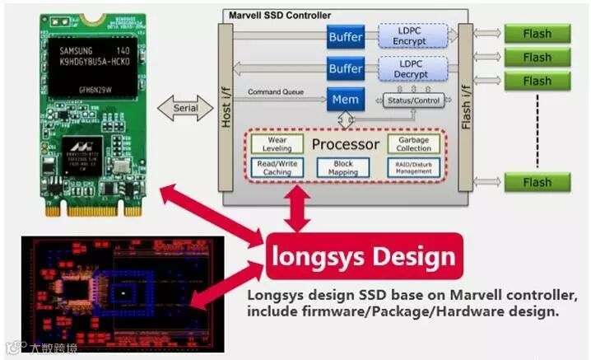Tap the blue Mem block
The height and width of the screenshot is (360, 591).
(344, 100)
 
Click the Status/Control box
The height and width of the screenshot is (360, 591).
(413, 101)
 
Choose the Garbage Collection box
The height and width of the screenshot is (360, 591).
(413, 145)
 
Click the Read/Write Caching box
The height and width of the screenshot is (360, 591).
(277, 167)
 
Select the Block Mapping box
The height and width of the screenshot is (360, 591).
(343, 167)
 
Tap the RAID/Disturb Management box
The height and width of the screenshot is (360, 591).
(413, 167)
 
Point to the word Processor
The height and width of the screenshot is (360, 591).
(345, 145)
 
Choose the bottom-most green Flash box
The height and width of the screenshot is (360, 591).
(537, 181)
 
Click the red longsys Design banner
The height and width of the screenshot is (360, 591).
(363, 256)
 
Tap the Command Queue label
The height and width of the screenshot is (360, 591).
(278, 92)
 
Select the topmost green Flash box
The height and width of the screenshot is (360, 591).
(537, 35)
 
